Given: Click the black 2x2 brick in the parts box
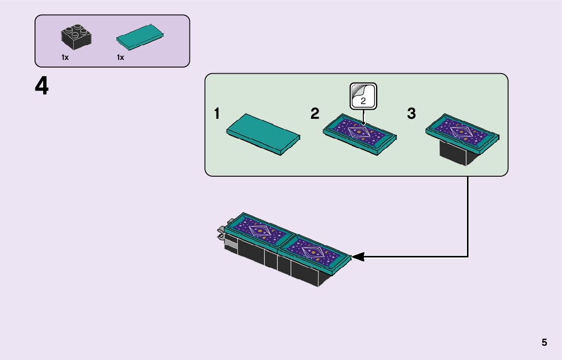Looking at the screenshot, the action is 76,37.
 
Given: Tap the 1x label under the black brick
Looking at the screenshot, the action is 65,57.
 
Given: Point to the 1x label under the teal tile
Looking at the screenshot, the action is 120,57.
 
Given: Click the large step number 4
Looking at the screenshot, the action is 42,86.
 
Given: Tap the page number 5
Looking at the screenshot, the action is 544,342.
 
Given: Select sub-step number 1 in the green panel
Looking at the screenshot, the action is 217,114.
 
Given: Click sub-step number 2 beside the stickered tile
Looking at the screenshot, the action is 315,114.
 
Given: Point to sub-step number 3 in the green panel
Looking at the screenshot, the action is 412,114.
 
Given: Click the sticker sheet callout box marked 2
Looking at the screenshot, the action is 363,95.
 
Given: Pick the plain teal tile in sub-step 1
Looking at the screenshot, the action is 263,134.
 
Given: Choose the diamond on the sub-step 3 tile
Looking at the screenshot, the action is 461,131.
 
